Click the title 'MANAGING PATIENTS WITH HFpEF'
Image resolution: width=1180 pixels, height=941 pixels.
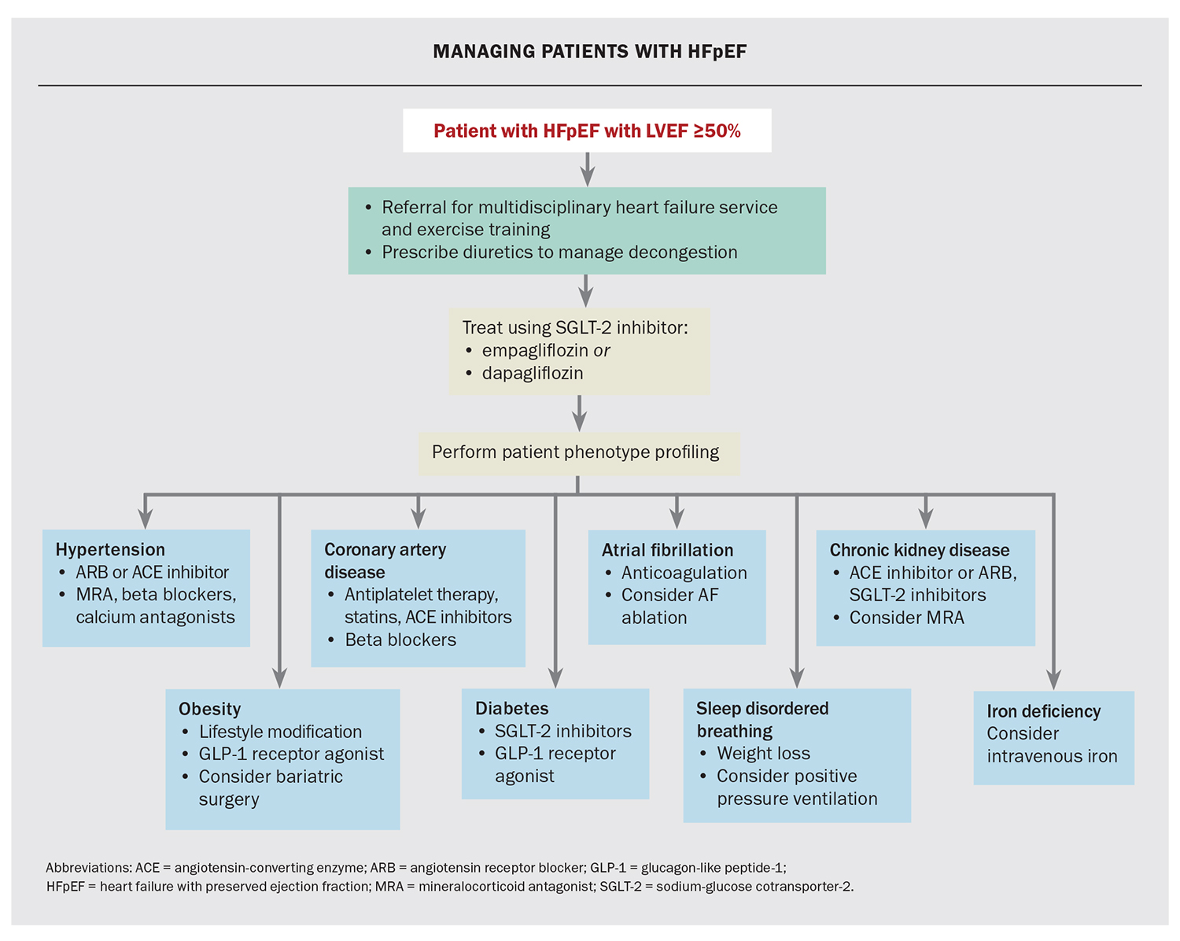click(589, 52)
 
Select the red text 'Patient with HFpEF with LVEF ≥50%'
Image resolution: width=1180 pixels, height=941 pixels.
click(587, 131)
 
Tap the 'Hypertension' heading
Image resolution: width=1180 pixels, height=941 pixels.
click(110, 549)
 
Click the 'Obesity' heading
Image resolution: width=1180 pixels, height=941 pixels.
click(209, 709)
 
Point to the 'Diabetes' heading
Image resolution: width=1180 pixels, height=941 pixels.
click(511, 708)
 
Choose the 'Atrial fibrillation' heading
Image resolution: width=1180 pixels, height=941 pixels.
click(667, 550)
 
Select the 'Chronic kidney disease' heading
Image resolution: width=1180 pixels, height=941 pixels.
click(919, 550)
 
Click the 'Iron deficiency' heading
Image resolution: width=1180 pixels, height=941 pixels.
click(1043, 711)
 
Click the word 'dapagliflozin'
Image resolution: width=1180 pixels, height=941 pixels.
click(533, 373)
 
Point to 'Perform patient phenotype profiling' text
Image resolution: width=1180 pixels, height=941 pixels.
click(575, 452)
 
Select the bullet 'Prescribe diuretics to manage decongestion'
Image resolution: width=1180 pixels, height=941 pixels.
click(559, 253)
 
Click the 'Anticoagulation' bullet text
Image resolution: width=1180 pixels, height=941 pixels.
click(684, 573)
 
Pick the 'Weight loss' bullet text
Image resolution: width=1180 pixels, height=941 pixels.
click(763, 753)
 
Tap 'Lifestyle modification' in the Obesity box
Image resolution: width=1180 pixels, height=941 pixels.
click(280, 732)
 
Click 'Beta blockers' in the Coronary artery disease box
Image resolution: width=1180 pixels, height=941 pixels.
click(400, 640)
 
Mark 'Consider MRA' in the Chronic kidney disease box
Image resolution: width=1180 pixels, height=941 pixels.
click(906, 618)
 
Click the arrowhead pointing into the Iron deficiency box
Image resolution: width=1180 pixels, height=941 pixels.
click(1053, 680)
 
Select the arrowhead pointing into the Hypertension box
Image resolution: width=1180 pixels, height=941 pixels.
click(145, 518)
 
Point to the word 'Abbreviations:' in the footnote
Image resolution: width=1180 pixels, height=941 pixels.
click(88, 868)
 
